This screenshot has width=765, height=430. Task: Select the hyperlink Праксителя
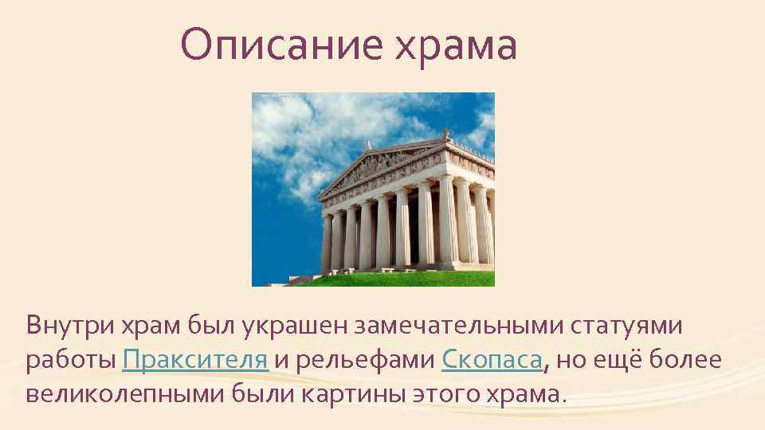[x=195, y=361]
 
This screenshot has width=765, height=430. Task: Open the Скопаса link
[x=491, y=361]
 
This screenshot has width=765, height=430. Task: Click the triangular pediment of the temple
[x=382, y=167]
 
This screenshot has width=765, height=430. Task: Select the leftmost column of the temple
[x=327, y=243]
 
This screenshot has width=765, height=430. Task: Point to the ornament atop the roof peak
[x=446, y=132]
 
